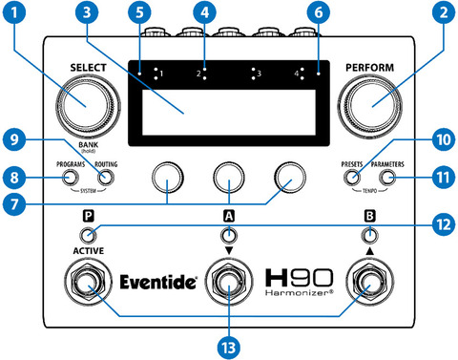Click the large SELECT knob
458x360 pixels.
(88, 106)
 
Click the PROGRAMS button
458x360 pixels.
(70, 178)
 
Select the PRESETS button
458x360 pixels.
(352, 178)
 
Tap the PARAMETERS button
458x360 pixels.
(387, 178)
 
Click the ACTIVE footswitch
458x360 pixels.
(88, 282)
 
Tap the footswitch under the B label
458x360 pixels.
(370, 282)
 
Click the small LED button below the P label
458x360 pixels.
(88, 236)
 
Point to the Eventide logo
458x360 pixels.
(158, 282)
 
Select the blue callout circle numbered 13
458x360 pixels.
(229, 348)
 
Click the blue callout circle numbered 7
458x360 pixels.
(14, 204)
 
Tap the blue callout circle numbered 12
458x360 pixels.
(444, 224)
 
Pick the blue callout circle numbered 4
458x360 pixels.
(204, 12)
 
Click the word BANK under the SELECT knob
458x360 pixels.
(89, 145)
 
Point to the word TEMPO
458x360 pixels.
(370, 191)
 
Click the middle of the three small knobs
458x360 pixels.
(229, 177)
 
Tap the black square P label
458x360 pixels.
(89, 217)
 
